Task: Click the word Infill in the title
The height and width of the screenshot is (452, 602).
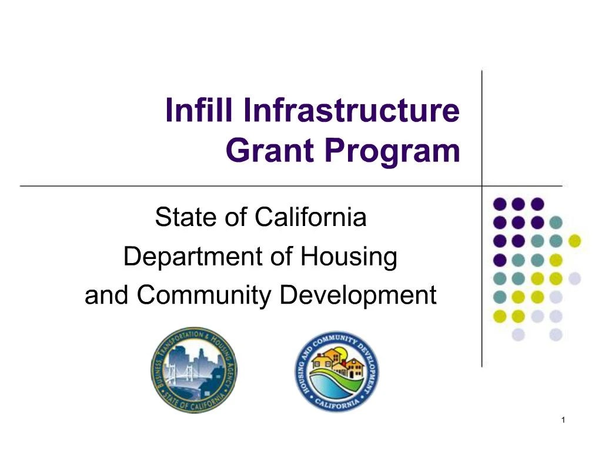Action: [199, 111]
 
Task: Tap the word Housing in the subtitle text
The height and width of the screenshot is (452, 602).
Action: [349, 257]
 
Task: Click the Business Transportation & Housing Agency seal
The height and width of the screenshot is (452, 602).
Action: [193, 370]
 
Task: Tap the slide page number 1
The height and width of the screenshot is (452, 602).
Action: [563, 420]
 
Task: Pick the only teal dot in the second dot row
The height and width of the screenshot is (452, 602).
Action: [556, 222]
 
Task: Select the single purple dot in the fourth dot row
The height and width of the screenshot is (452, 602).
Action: [500, 260]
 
